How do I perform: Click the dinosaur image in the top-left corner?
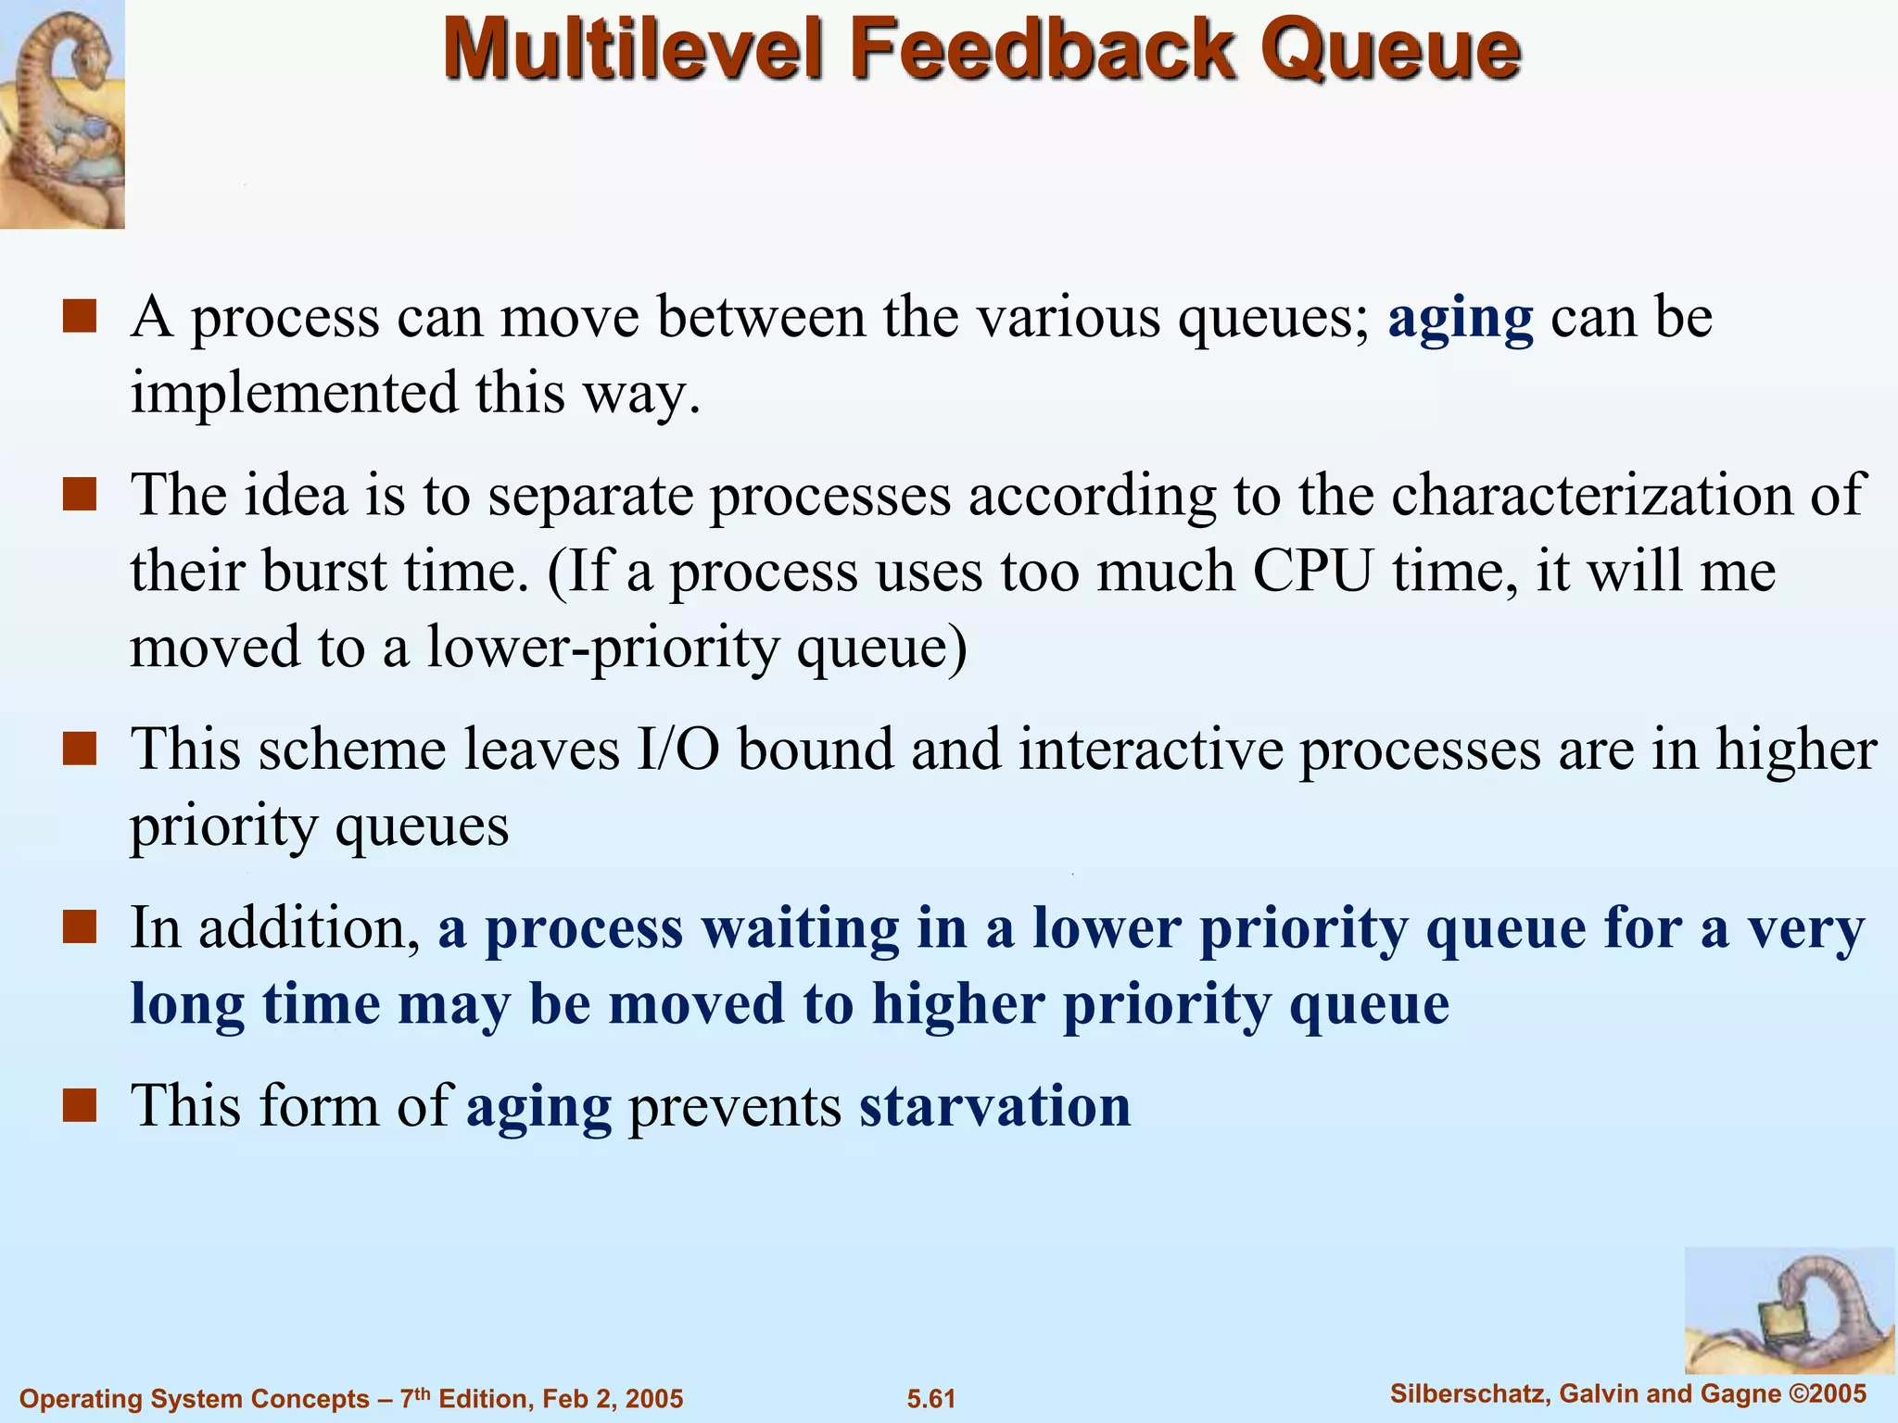(62, 113)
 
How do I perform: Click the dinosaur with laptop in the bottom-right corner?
(1789, 1310)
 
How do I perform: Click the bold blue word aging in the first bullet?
(1461, 318)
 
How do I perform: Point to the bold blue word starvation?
(994, 1106)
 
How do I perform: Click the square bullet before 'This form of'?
(80, 1105)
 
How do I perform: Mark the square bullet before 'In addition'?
(80, 926)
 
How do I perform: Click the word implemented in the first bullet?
(294, 394)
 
